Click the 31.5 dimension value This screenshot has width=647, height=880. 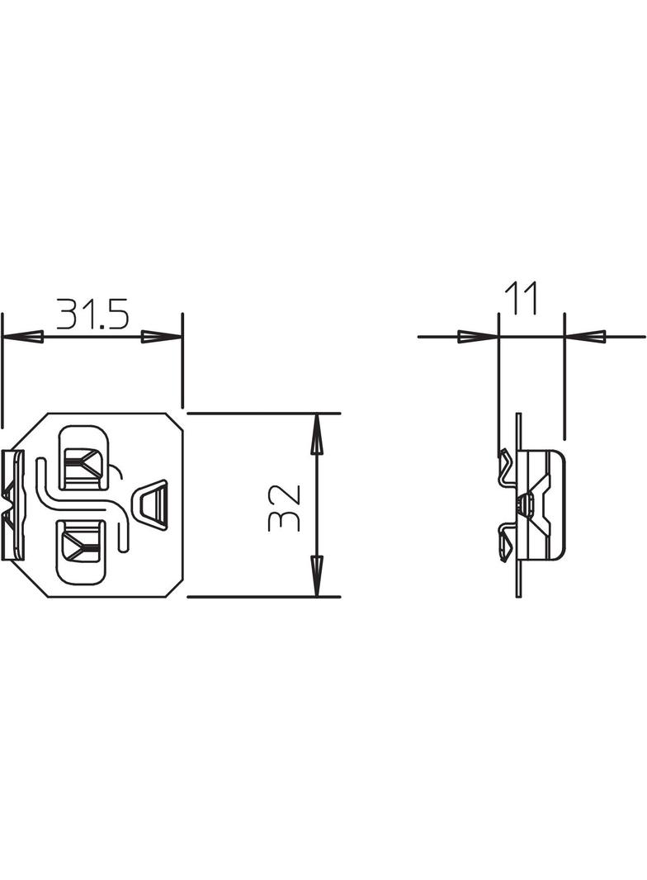pyautogui.click(x=92, y=315)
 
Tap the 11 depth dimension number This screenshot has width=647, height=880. pyautogui.click(x=522, y=298)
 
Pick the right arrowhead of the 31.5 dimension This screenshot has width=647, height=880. pyautogui.click(x=161, y=337)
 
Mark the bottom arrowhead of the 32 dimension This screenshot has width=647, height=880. pyautogui.click(x=316, y=575)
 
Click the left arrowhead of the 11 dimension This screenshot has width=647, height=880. pyautogui.click(x=478, y=337)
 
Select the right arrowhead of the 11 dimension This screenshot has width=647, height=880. pyautogui.click(x=585, y=337)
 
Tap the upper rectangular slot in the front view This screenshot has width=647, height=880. pyautogui.click(x=82, y=455)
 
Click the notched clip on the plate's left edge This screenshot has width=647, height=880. pyautogui.click(x=14, y=504)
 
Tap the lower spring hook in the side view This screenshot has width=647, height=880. pyautogui.click(x=504, y=545)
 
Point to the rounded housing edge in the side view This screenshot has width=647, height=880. pyautogui.click(x=562, y=504)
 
